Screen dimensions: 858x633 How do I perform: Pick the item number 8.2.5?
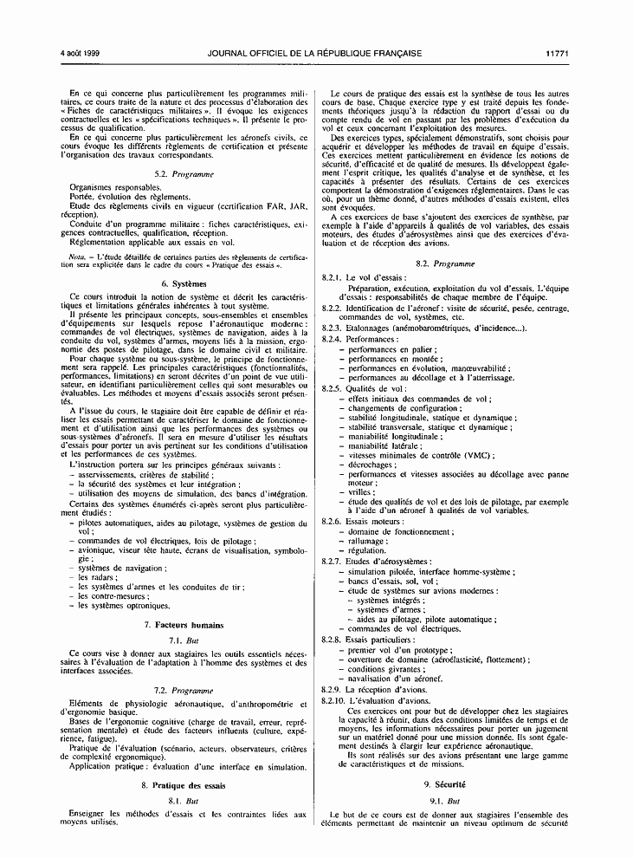click(332, 388)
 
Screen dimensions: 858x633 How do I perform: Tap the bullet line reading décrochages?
click(371, 465)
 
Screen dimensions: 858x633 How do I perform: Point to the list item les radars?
click(94, 576)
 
